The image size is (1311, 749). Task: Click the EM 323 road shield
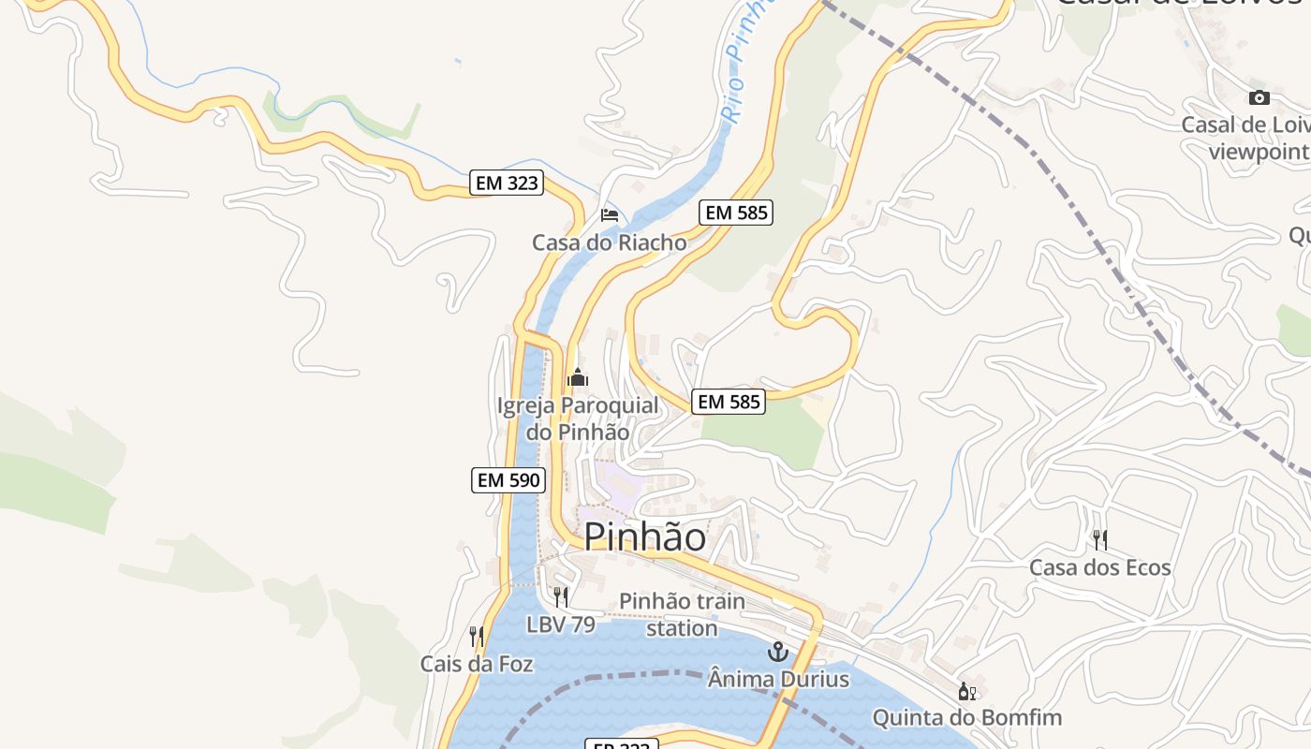pyautogui.click(x=508, y=183)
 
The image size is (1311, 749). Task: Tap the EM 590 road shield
pyautogui.click(x=508, y=480)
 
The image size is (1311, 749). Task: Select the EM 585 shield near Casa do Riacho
pyautogui.click(x=736, y=213)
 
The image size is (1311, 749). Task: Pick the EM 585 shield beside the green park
pyautogui.click(x=729, y=402)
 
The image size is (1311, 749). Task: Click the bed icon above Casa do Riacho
pyautogui.click(x=610, y=215)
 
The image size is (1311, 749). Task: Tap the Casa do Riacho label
pyautogui.click(x=610, y=242)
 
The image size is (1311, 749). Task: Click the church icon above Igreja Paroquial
pyautogui.click(x=578, y=378)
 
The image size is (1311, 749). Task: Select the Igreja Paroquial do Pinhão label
pyautogui.click(x=578, y=419)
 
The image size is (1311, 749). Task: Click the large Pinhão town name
pyautogui.click(x=645, y=537)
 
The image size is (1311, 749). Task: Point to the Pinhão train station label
pyautogui.click(x=682, y=614)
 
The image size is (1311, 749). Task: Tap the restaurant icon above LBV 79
pyautogui.click(x=561, y=596)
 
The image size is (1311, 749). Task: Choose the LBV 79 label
pyautogui.click(x=561, y=624)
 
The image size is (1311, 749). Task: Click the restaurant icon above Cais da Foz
pyautogui.click(x=477, y=637)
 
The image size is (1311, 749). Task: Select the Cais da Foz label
pyautogui.click(x=477, y=664)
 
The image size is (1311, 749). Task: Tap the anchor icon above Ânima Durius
pyautogui.click(x=778, y=652)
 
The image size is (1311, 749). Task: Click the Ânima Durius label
pyautogui.click(x=778, y=679)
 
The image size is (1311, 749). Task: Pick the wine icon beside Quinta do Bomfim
pyautogui.click(x=967, y=692)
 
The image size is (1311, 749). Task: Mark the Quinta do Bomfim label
pyautogui.click(x=967, y=718)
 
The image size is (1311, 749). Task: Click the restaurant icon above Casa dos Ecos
pyautogui.click(x=1100, y=539)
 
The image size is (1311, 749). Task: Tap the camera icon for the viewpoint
pyautogui.click(x=1259, y=97)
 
